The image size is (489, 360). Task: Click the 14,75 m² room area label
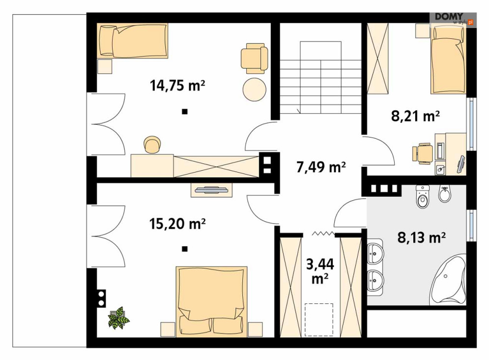tap(177, 85)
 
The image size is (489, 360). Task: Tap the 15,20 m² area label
tap(177, 223)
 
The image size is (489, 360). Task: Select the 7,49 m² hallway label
tap(321, 167)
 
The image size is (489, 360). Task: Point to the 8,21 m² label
tap(415, 117)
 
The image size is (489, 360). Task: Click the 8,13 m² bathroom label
tap(421, 238)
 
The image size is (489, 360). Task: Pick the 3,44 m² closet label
tap(320, 271)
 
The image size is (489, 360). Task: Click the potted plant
tap(118, 318)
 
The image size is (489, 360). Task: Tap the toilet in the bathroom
tap(423, 197)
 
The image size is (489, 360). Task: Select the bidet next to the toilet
tap(445, 194)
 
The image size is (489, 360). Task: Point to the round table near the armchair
tap(255, 89)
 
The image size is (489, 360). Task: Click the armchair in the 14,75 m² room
tap(255, 59)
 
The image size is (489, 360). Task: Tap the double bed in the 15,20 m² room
tap(212, 301)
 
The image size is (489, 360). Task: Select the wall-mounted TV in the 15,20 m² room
tap(211, 190)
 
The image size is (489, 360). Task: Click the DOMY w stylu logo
tap(453, 19)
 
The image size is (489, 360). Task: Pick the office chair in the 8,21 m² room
tap(423, 152)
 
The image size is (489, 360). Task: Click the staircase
tap(320, 77)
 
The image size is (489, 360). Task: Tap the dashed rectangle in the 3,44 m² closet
tap(319, 320)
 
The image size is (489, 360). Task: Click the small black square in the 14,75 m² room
tap(185, 111)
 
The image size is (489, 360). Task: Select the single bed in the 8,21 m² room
tap(449, 59)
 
